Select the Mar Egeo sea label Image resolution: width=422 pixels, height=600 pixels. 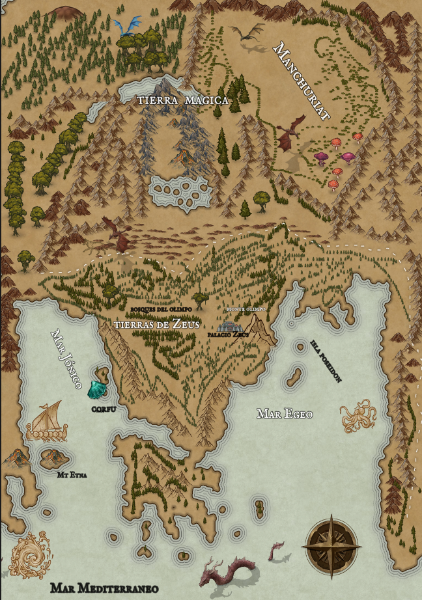(x=285, y=414)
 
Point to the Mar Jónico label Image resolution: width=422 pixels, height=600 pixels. (x=65, y=361)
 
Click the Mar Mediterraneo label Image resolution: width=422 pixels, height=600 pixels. (x=104, y=588)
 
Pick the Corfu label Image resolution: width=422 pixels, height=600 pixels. (x=104, y=409)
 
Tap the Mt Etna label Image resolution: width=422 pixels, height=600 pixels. (x=72, y=474)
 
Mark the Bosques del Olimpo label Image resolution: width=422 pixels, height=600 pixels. (x=161, y=308)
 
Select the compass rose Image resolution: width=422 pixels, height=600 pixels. (x=333, y=542)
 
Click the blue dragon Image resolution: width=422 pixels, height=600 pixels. (x=128, y=27)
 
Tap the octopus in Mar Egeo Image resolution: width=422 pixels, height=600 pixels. (x=358, y=417)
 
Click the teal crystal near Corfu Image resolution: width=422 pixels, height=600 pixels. (x=96, y=389)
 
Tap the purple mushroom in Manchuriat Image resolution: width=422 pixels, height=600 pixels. (x=321, y=157)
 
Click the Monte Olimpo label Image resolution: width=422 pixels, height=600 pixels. (x=246, y=309)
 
